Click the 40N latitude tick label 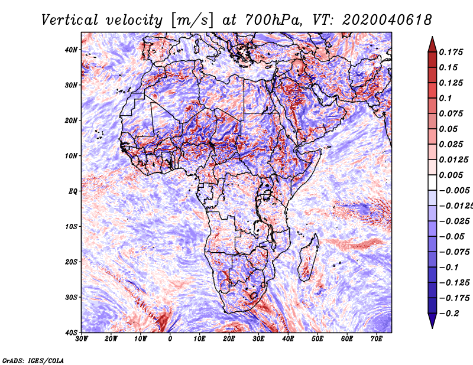[x=72, y=50]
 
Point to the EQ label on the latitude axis [x=73, y=191]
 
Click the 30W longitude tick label [x=82, y=339]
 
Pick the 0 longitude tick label [x=170, y=339]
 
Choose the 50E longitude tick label [x=318, y=339]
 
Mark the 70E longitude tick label [x=377, y=339]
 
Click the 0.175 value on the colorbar [x=451, y=52]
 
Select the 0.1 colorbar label [x=446, y=98]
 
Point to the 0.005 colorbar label [x=451, y=175]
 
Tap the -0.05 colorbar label [x=452, y=237]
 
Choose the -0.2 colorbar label [x=449, y=314]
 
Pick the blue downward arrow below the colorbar [x=432, y=321]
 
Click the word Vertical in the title [x=69, y=20]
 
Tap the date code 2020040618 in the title [x=387, y=20]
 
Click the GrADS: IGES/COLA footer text [x=33, y=361]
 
